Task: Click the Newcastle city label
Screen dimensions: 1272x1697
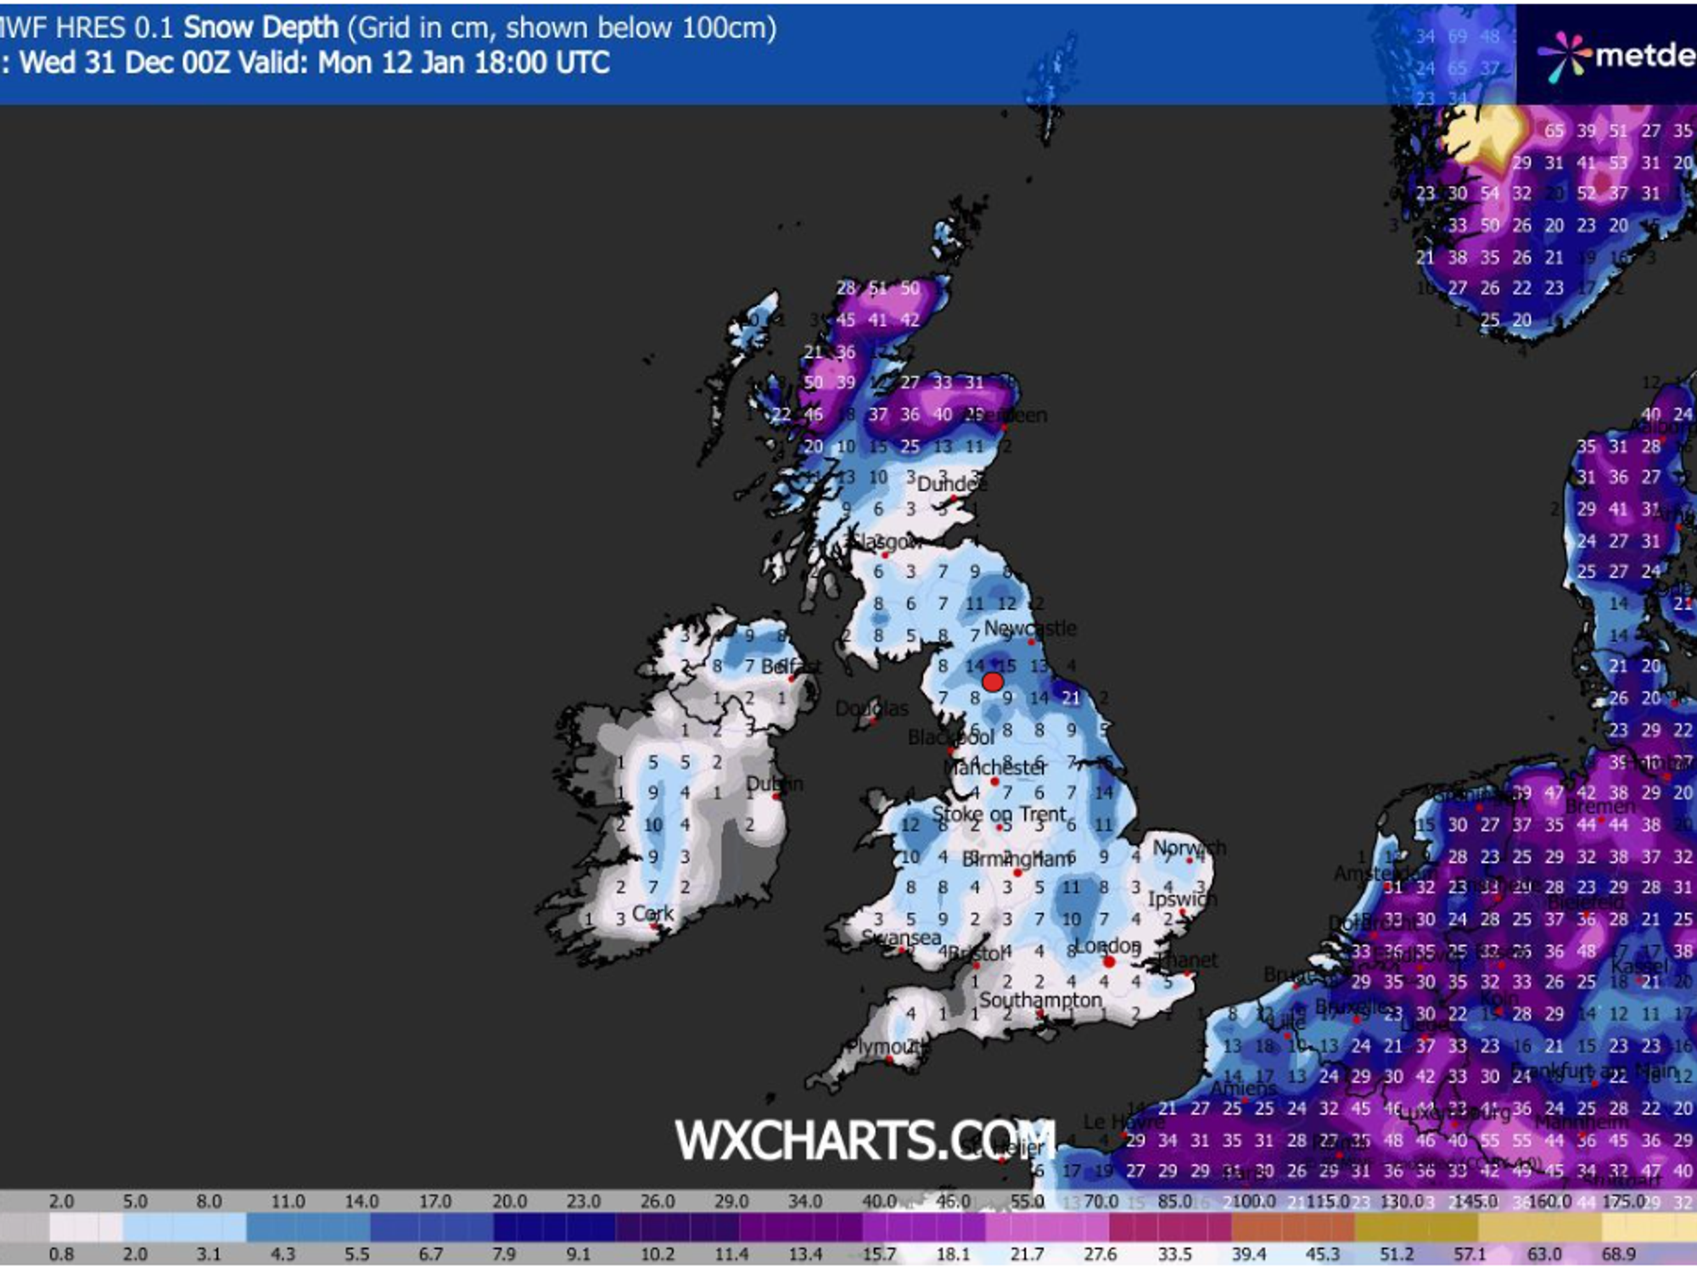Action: pyautogui.click(x=1029, y=629)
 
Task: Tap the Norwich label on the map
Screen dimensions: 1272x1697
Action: pyautogui.click(x=1189, y=847)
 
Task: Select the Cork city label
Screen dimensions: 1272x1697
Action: pyautogui.click(x=652, y=914)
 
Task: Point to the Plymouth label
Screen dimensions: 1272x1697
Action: pyautogui.click(x=887, y=1046)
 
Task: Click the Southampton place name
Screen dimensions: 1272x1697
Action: pyautogui.click(x=1040, y=1000)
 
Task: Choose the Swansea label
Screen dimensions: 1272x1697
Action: pyautogui.click(x=901, y=938)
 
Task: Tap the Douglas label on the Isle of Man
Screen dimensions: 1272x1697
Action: pyautogui.click(x=871, y=709)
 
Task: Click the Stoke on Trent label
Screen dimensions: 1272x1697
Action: pyautogui.click(x=999, y=815)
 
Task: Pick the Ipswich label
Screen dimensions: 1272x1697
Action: pyautogui.click(x=1182, y=899)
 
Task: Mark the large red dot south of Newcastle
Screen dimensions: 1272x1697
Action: pyautogui.click(x=993, y=681)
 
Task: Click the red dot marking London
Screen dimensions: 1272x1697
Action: pyautogui.click(x=1108, y=961)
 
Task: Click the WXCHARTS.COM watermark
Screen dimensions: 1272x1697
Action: pyautogui.click(x=865, y=1140)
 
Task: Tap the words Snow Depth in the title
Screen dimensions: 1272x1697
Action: pyautogui.click(x=261, y=28)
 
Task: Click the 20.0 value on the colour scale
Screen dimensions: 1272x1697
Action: pyautogui.click(x=510, y=1202)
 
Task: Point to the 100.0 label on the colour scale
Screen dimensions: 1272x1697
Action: pyautogui.click(x=1254, y=1202)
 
